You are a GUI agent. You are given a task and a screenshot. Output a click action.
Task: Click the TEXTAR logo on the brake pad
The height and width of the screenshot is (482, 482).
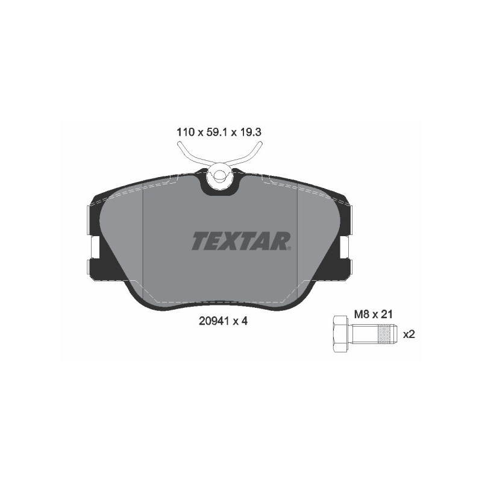click(x=241, y=241)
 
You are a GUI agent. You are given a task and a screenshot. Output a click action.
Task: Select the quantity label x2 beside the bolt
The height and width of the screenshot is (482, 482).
click(x=409, y=335)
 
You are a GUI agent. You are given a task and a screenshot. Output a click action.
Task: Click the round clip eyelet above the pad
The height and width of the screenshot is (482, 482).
click(x=218, y=177)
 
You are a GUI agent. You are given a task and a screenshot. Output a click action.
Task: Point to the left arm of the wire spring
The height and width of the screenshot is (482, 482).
click(x=188, y=153)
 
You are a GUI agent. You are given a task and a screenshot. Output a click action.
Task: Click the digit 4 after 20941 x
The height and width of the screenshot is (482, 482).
click(x=246, y=321)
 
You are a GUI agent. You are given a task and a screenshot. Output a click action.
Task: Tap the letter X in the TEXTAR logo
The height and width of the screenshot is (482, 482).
click(x=232, y=241)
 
